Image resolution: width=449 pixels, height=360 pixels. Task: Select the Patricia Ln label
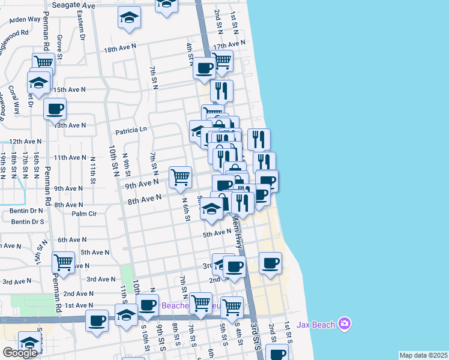click(131, 130)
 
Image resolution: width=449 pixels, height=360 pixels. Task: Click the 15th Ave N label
click(70, 89)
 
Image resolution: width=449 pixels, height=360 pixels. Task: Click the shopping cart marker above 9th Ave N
click(180, 176)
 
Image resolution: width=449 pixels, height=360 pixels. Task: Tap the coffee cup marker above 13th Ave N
click(55, 109)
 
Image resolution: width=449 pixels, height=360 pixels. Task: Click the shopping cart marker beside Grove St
click(43, 61)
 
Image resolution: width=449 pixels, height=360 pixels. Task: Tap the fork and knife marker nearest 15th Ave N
click(221, 90)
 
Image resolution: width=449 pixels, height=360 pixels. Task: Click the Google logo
click(20, 352)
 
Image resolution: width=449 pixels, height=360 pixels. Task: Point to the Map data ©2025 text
click(423, 355)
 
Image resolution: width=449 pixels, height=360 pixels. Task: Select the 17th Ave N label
click(229, 45)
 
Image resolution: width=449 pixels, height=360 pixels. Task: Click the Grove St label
click(59, 43)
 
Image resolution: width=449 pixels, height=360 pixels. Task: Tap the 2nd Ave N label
click(77, 293)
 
